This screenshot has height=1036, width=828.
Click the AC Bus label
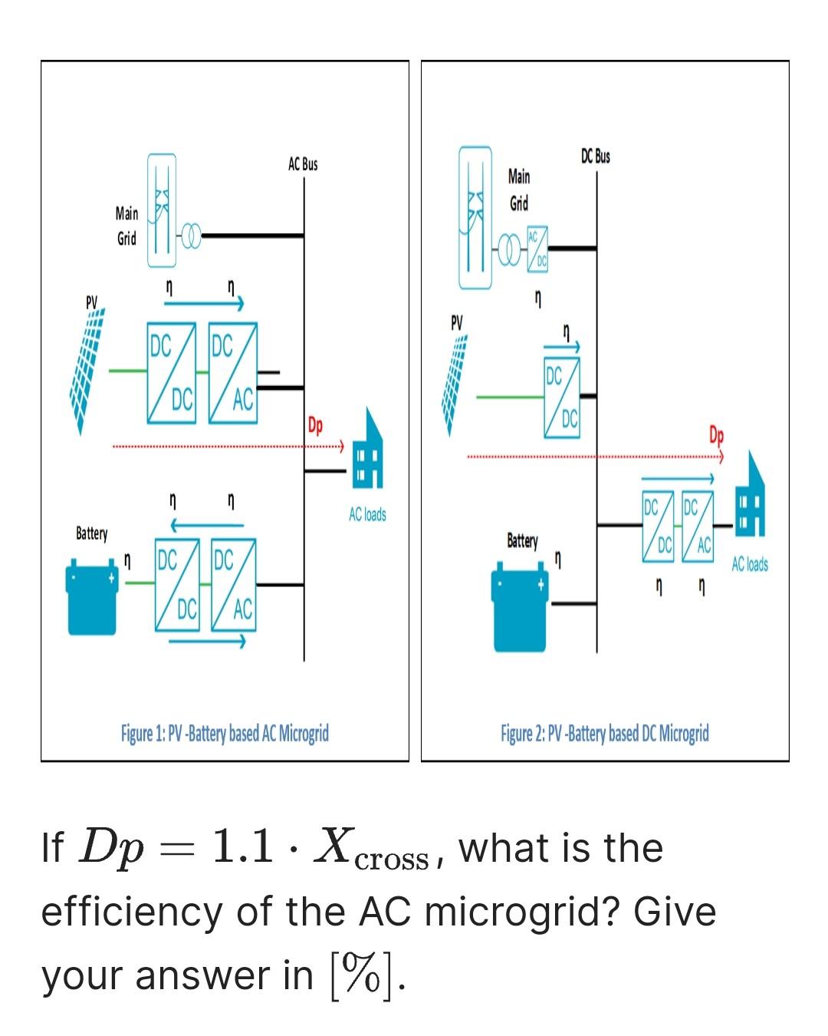point(303,164)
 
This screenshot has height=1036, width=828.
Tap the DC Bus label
point(596,157)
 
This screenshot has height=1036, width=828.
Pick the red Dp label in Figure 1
point(315,425)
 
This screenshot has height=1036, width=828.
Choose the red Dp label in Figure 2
point(716,435)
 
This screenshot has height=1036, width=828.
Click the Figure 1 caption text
point(225,734)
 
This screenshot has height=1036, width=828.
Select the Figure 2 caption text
point(605,734)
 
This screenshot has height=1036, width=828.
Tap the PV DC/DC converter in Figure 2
point(562,398)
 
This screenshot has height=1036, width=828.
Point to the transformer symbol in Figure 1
point(190,236)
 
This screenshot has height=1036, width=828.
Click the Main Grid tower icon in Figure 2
point(475,219)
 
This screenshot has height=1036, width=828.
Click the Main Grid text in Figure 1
point(127,226)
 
